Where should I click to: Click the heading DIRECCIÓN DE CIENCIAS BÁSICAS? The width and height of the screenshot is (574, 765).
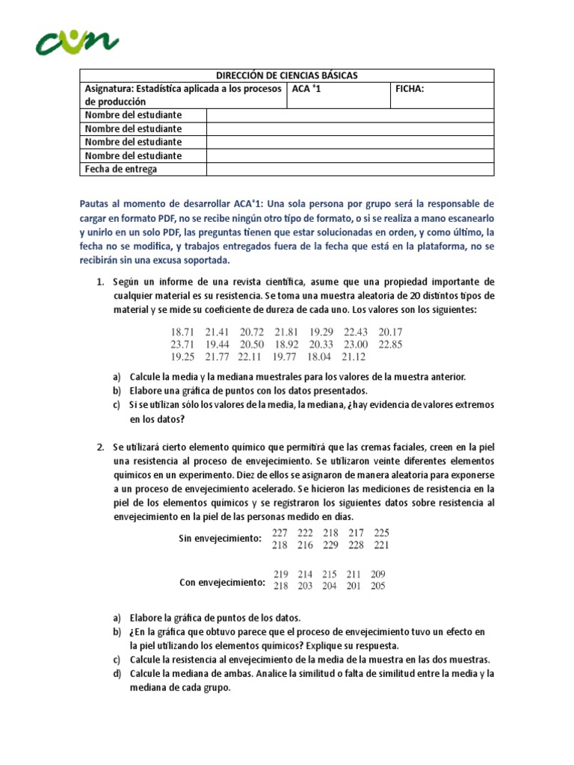(x=287, y=75)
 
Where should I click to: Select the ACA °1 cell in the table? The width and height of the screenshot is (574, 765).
(x=307, y=89)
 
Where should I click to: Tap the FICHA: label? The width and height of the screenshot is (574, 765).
(x=410, y=89)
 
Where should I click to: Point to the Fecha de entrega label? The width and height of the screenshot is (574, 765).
(x=120, y=169)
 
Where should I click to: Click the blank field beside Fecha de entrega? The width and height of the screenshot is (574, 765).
(x=350, y=169)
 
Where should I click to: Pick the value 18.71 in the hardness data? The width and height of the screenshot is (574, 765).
(x=183, y=332)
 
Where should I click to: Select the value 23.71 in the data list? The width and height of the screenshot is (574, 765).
(x=183, y=344)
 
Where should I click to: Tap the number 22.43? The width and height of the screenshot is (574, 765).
(x=357, y=332)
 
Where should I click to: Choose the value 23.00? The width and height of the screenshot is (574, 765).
(x=357, y=344)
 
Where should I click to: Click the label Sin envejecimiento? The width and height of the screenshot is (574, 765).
(x=220, y=539)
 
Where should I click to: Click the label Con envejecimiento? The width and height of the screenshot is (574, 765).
(x=222, y=583)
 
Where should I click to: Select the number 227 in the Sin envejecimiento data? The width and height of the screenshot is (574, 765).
(x=281, y=533)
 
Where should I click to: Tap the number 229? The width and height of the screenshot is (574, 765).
(x=330, y=545)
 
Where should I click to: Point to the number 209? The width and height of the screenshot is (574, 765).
(x=379, y=574)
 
